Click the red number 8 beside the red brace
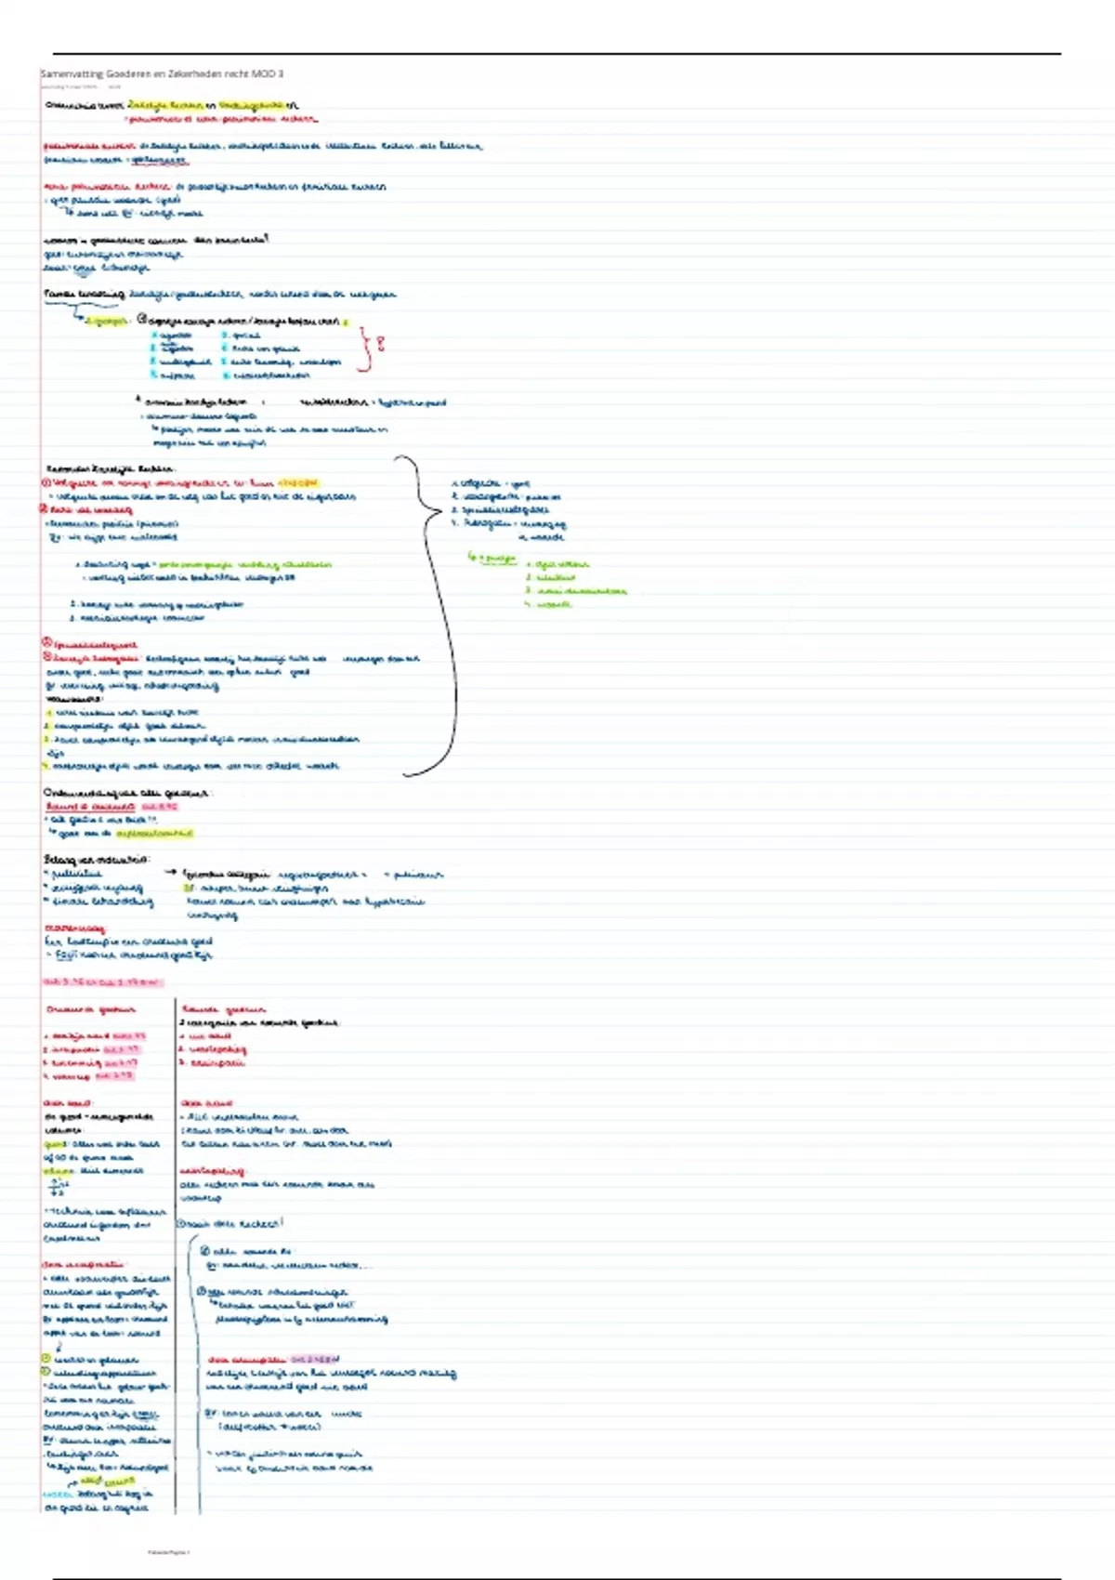(379, 345)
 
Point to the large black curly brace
(437, 613)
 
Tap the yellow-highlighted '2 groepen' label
(106, 322)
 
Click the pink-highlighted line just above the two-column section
(102, 981)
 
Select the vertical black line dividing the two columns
(175, 1255)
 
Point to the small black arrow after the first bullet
(170, 874)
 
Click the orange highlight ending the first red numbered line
(297, 483)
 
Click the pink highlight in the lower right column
(316, 1359)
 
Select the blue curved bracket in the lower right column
(192, 1366)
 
